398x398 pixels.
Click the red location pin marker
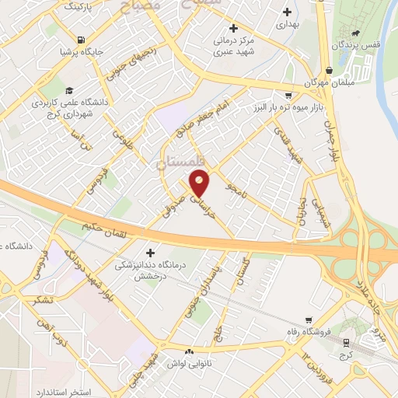201,183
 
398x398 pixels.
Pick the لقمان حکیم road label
105,228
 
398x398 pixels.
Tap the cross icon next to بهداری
288,12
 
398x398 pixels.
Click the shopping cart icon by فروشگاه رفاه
309,319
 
